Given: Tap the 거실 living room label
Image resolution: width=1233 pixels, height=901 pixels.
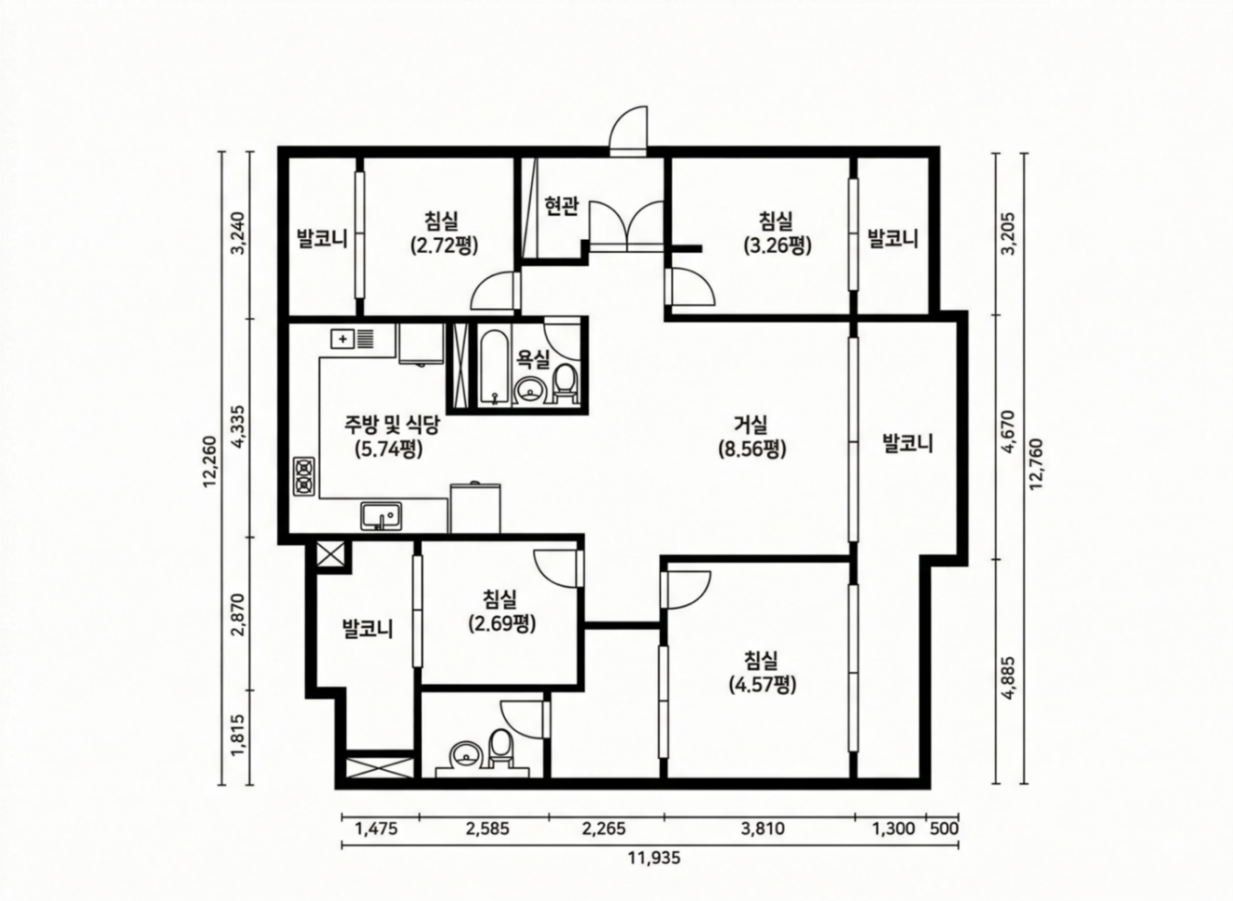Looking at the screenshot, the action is pyautogui.click(x=751, y=424).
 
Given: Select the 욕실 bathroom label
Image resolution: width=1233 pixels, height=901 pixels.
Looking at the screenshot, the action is pyautogui.click(x=533, y=359).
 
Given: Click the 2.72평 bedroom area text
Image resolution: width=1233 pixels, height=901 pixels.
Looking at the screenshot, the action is pyautogui.click(x=444, y=246).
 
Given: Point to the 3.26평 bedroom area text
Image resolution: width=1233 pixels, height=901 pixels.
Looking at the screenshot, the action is pyautogui.click(x=777, y=246).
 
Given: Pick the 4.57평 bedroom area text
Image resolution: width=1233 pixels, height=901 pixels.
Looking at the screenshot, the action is pyautogui.click(x=762, y=685).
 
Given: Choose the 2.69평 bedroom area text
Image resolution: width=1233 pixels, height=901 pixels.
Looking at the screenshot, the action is pyautogui.click(x=502, y=623).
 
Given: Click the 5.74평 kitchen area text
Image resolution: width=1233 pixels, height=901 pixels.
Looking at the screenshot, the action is pyautogui.click(x=389, y=450).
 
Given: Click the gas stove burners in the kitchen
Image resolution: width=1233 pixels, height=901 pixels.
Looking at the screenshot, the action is pyautogui.click(x=304, y=476).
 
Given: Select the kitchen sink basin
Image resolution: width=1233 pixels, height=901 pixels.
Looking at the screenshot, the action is pyautogui.click(x=381, y=516).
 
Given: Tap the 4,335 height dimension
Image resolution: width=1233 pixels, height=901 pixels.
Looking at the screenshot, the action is pyautogui.click(x=241, y=428).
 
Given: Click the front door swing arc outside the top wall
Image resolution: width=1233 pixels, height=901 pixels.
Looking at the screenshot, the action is pyautogui.click(x=628, y=127).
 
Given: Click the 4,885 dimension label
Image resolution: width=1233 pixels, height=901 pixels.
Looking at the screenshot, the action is pyautogui.click(x=1009, y=678).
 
